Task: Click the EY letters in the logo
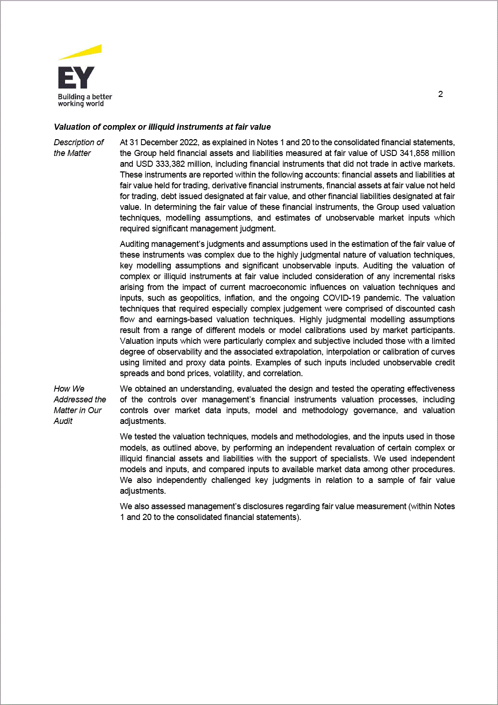click(x=76, y=78)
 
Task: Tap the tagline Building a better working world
click(x=85, y=100)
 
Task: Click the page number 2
click(x=440, y=94)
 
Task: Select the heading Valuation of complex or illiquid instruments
click(x=162, y=127)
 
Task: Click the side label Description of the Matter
click(x=78, y=148)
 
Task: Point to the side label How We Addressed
click(x=80, y=405)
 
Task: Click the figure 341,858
click(x=414, y=153)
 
